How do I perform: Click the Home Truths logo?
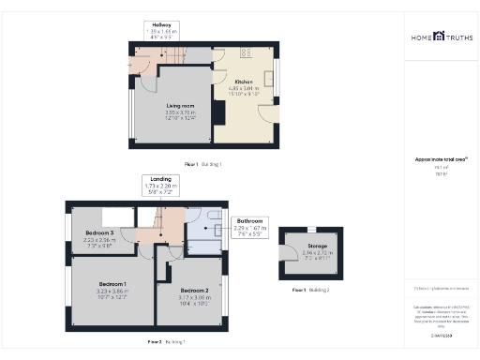[x=441, y=38]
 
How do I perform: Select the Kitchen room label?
[x=245, y=82]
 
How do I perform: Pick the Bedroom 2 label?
[x=194, y=291]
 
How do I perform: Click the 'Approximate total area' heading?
[x=440, y=160]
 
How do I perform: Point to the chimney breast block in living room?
[x=217, y=112]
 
